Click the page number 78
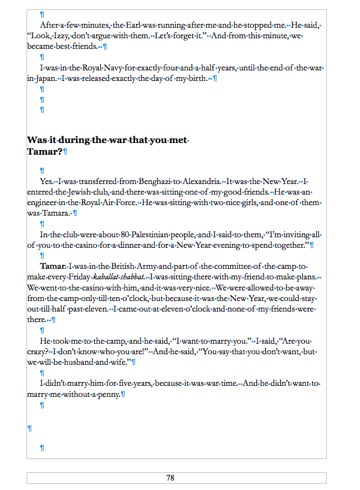coord(170,478)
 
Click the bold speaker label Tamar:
coord(53,266)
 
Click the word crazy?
coord(37,351)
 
